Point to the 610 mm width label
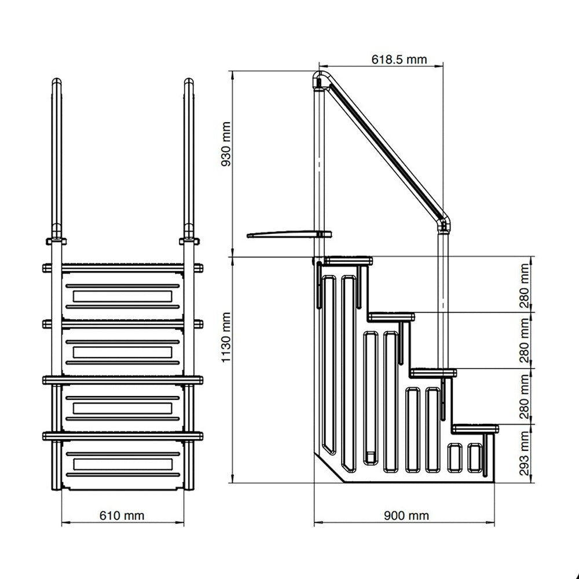(x=122, y=515)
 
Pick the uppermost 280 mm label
(x=525, y=284)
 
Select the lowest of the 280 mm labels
(x=525, y=397)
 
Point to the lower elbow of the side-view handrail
(x=445, y=222)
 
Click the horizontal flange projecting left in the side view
(x=287, y=234)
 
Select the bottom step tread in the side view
(x=475, y=428)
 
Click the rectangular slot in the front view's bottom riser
(x=122, y=464)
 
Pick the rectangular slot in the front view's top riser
(x=122, y=296)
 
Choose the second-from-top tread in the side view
(x=391, y=316)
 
